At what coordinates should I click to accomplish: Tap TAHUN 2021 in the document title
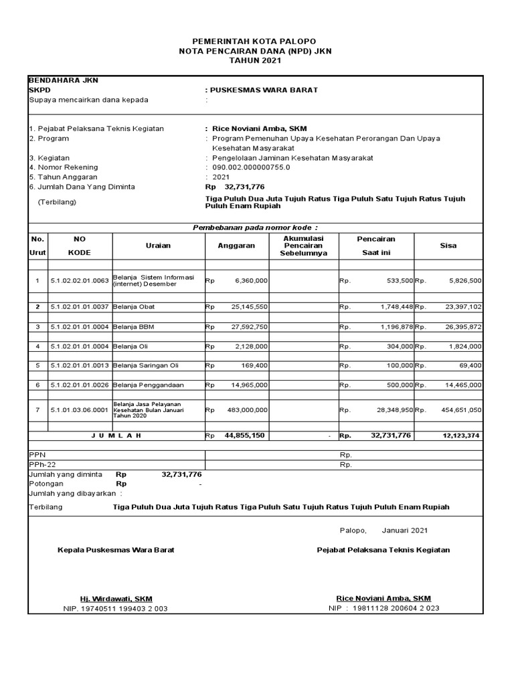pos(256,60)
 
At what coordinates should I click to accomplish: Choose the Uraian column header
pos(158,246)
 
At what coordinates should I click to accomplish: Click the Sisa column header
pos(448,246)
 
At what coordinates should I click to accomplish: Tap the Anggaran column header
pos(236,246)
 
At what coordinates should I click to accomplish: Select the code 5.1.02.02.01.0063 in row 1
pos(80,281)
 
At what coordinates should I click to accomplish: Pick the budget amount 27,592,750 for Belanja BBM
pos(249,326)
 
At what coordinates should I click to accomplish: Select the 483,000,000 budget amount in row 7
pos(246,409)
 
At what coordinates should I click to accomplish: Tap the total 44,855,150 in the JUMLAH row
pos(246,435)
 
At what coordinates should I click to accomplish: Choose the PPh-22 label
pos(41,464)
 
